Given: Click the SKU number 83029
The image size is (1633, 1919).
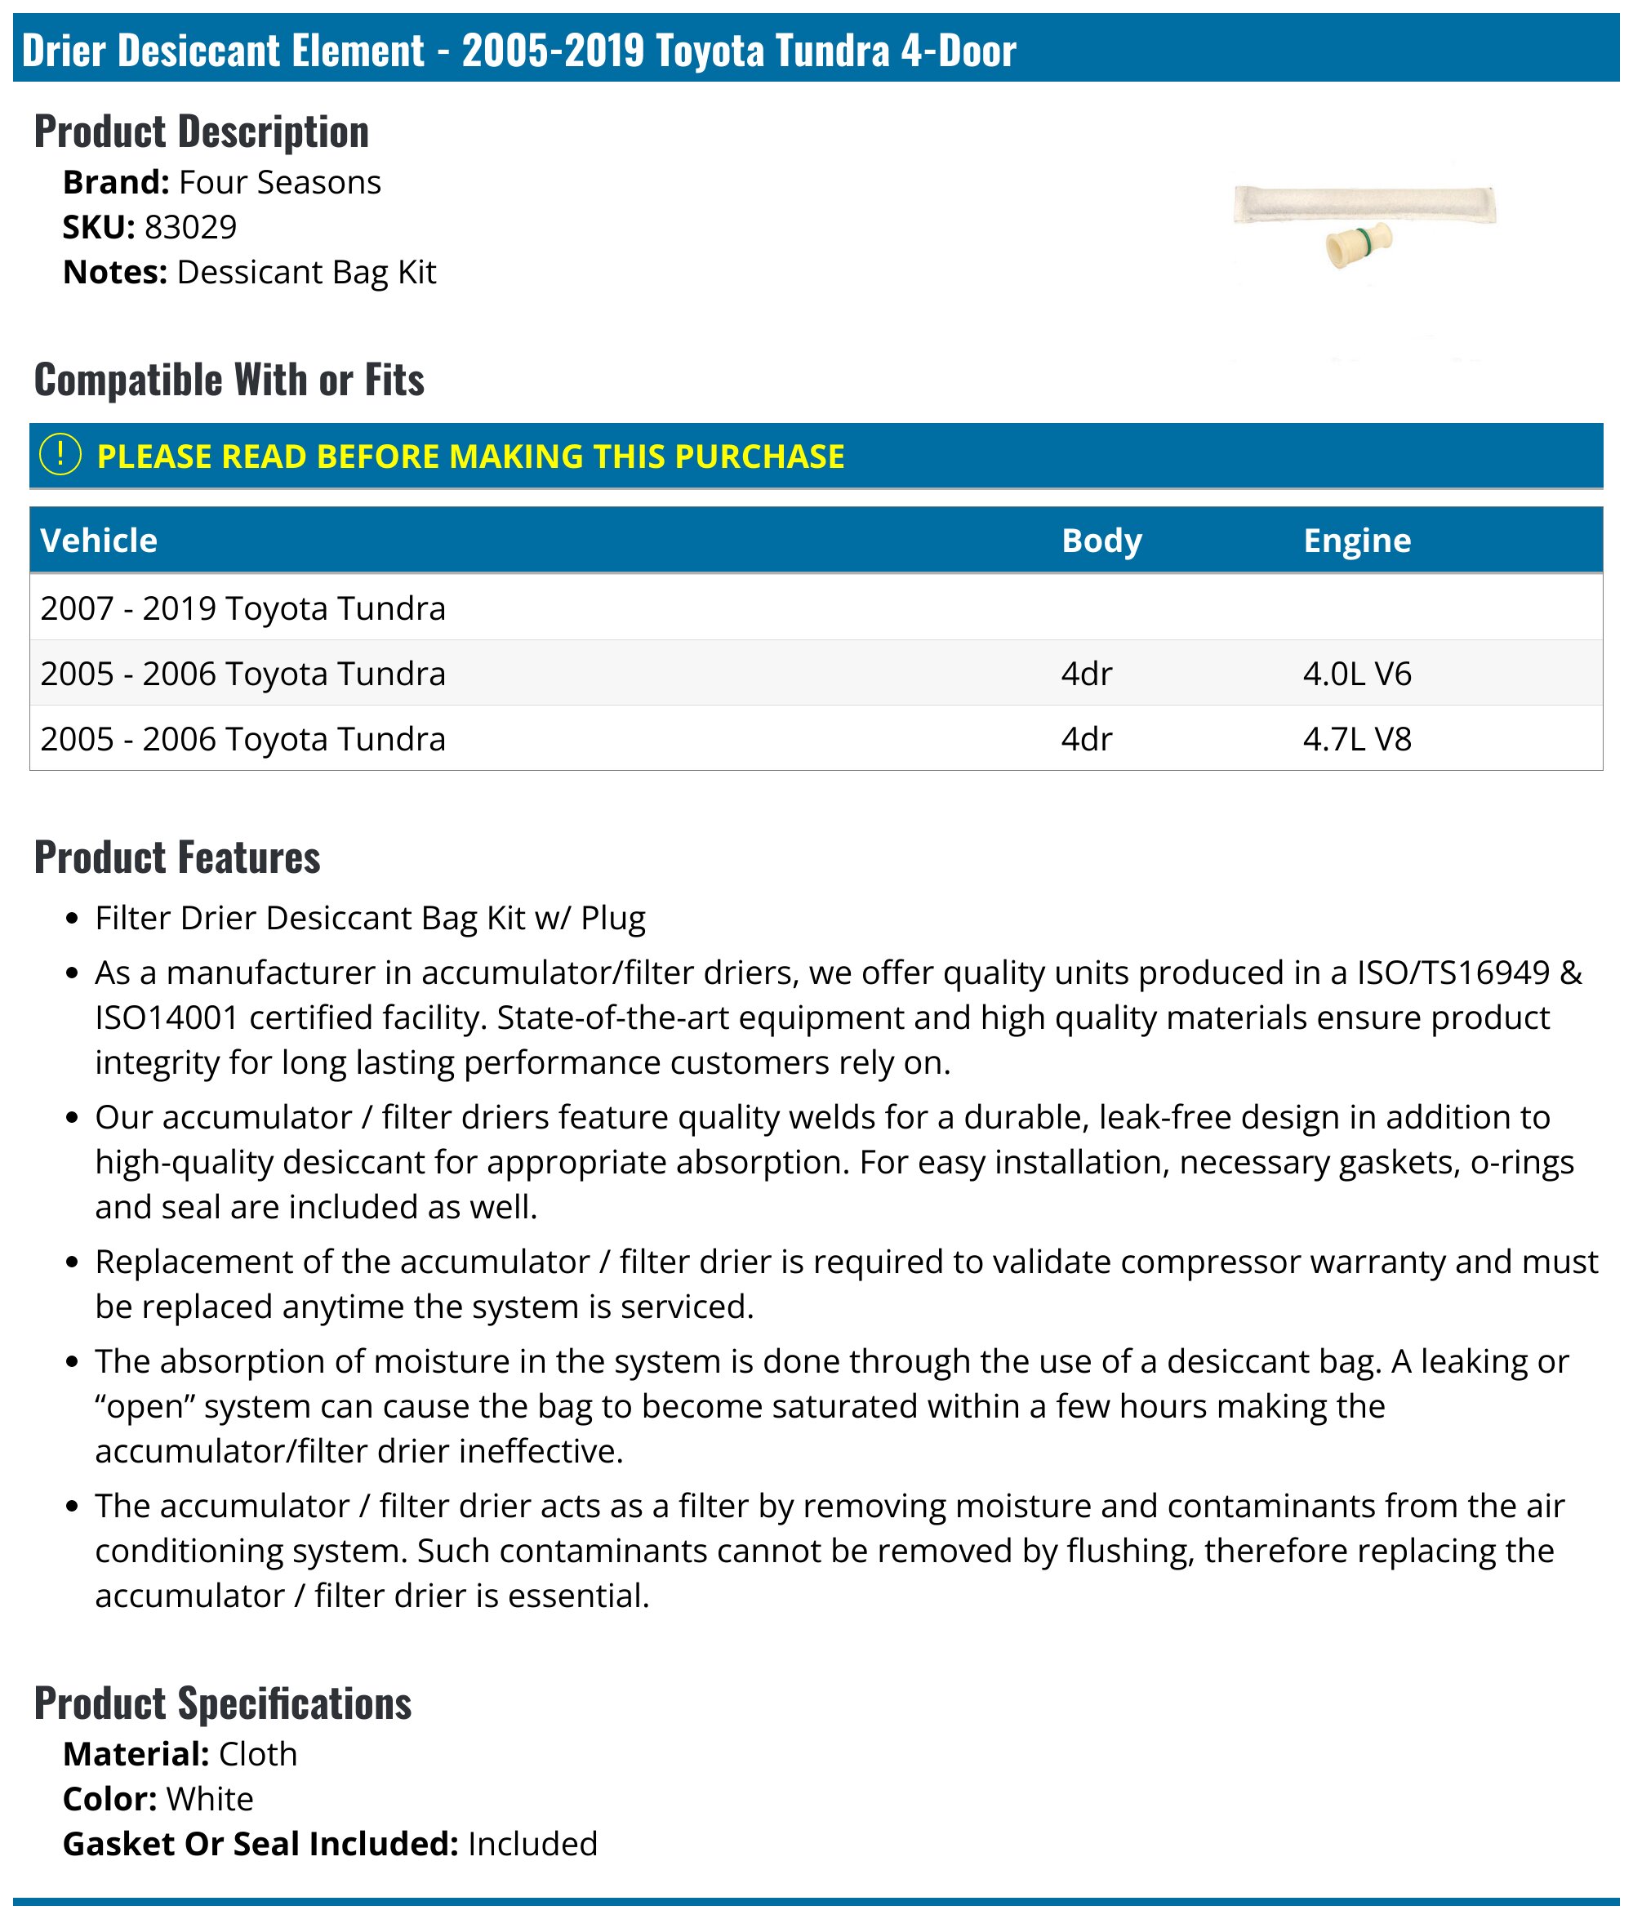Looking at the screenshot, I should (x=191, y=227).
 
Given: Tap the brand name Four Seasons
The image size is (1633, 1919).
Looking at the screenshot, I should (x=279, y=182).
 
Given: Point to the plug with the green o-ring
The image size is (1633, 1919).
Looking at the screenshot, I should (x=1358, y=244).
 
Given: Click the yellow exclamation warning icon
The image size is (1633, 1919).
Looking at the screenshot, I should (x=61, y=456).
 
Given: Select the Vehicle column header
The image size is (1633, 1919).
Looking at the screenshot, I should (x=99, y=541).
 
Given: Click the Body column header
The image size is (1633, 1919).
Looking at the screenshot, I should (x=1101, y=541).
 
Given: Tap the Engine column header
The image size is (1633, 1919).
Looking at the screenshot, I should (x=1356, y=541).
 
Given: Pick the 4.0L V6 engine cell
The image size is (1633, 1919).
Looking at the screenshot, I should (x=1356, y=674).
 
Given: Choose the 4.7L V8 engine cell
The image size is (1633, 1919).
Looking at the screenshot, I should (x=1356, y=739).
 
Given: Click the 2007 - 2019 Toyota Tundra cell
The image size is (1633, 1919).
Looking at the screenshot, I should (x=243, y=608).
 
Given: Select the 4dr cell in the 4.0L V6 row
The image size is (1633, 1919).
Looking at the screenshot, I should (x=1086, y=674).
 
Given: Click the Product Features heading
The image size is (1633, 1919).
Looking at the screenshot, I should (x=177, y=857).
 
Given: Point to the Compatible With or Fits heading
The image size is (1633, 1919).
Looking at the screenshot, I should (x=229, y=380).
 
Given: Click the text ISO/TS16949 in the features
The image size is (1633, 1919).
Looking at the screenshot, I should (x=1453, y=972).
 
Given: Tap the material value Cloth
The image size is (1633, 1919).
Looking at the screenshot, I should (x=257, y=1754).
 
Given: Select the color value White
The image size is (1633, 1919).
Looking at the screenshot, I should (x=209, y=1799).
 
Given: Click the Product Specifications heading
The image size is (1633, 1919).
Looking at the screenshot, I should (x=222, y=1703).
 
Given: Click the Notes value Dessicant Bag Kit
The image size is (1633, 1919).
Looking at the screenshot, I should (x=305, y=272).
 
